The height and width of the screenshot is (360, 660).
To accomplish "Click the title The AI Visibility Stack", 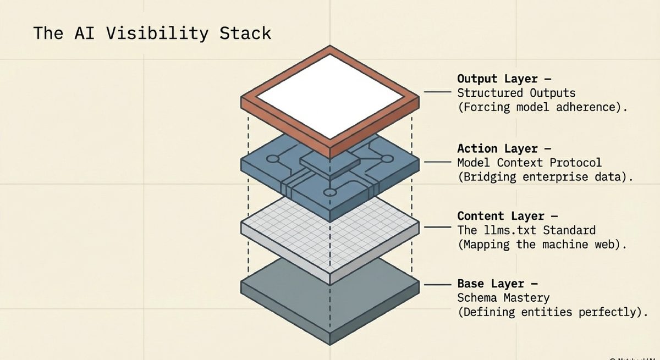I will (x=152, y=33).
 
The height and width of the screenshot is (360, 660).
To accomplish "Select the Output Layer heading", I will (x=497, y=79).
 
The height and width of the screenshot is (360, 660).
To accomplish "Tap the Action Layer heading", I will (x=497, y=148).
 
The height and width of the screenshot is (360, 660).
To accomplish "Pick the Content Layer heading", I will (x=501, y=216).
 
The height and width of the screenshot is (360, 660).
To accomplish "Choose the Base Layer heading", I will (x=493, y=284).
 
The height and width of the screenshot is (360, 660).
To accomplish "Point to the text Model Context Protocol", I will (x=529, y=163).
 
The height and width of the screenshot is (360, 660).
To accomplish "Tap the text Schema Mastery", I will (x=503, y=298).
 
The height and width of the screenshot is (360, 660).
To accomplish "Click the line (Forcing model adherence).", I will (x=542, y=107).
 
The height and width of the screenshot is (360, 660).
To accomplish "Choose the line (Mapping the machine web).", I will (x=542, y=245).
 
